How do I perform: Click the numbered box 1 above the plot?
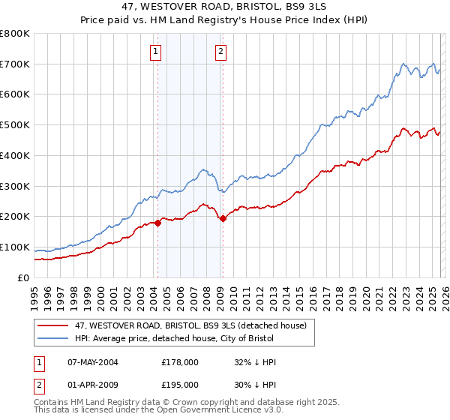pyautogui.click(x=155, y=52)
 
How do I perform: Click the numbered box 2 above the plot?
pyautogui.click(x=221, y=52)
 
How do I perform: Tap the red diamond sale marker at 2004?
pyautogui.click(x=157, y=223)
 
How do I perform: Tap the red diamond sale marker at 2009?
pyautogui.click(x=223, y=218)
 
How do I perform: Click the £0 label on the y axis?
pyautogui.click(x=22, y=277)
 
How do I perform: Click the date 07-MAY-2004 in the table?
pyautogui.click(x=92, y=362)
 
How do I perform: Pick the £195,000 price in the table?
pyautogui.click(x=180, y=385)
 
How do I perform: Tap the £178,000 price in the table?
pyautogui.click(x=180, y=362)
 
